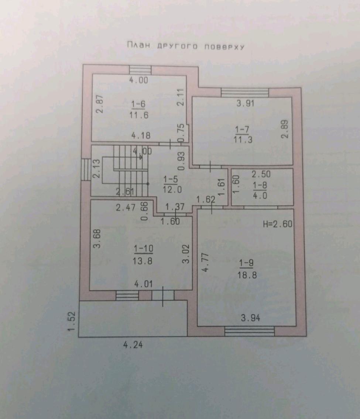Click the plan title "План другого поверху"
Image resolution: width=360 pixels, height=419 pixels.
[x=186, y=46]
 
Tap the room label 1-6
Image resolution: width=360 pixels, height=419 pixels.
[x=138, y=104]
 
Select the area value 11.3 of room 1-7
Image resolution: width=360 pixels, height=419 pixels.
[x=243, y=140]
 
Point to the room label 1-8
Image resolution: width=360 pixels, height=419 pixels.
[x=260, y=185]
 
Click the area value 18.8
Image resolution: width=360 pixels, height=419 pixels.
[x=247, y=275]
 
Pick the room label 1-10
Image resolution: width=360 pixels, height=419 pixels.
[x=144, y=249]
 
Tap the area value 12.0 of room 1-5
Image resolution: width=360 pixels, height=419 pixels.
[x=172, y=189]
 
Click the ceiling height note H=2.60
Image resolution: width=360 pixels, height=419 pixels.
[x=278, y=224]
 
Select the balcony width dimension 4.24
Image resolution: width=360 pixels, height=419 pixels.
[x=133, y=345]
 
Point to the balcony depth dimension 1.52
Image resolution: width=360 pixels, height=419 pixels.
[x=72, y=321]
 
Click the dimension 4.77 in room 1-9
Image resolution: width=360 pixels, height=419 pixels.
[x=205, y=262]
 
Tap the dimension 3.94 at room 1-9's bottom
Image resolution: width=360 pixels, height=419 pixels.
[x=250, y=318]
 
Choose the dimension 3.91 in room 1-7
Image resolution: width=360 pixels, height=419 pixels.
[x=245, y=103]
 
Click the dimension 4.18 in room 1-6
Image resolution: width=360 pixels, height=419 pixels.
[x=141, y=135]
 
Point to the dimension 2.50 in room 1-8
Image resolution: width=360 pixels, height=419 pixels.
[x=261, y=174]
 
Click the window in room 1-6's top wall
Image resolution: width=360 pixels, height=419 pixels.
[x=140, y=70]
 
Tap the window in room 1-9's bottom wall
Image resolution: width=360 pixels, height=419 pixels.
[x=249, y=331]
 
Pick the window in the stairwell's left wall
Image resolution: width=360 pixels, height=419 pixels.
[x=86, y=170]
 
